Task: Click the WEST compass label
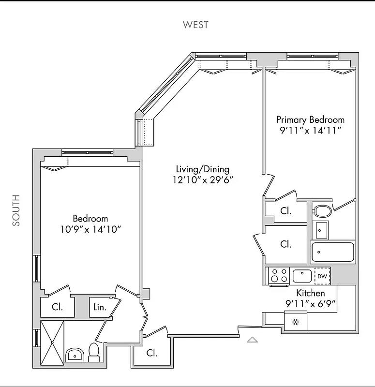pyautogui.click(x=195, y=25)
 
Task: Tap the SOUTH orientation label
pyautogui.click(x=16, y=210)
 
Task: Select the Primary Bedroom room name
pyautogui.click(x=310, y=119)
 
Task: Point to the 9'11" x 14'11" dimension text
pyautogui.click(x=310, y=131)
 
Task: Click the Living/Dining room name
pyautogui.click(x=202, y=169)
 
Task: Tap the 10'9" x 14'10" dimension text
pyautogui.click(x=90, y=229)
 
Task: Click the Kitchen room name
pyautogui.click(x=310, y=293)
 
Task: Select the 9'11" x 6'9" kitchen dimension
pyautogui.click(x=310, y=304)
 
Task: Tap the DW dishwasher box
pyautogui.click(x=322, y=276)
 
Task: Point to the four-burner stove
pyautogui.click(x=279, y=276)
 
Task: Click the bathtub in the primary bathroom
pyautogui.click(x=333, y=252)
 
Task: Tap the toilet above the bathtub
pyautogui.click(x=322, y=211)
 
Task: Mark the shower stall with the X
pyautogui.click(x=52, y=342)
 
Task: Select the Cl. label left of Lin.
pyautogui.click(x=57, y=307)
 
